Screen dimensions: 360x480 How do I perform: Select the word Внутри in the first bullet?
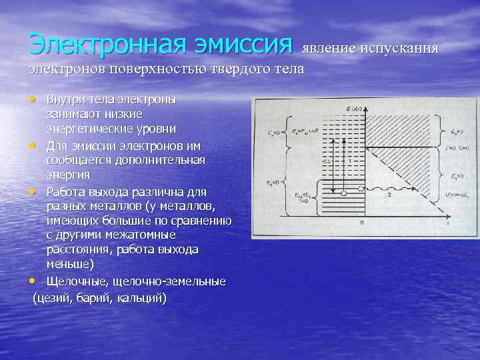[x=65, y=99]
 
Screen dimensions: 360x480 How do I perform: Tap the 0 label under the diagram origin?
[x=361, y=223]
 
